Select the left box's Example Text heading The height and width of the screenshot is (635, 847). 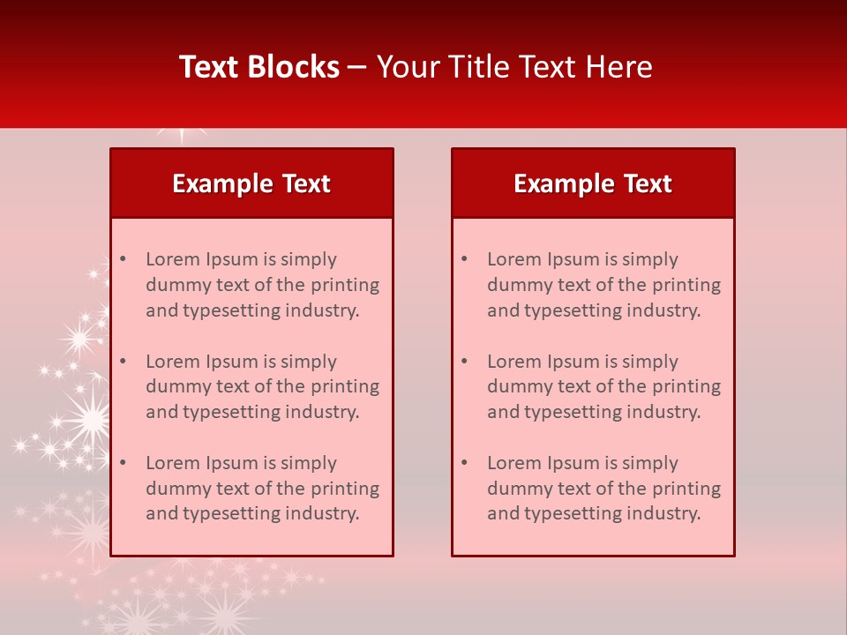tap(251, 183)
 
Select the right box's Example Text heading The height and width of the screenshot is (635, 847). tap(593, 183)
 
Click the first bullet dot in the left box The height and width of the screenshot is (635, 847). tap(123, 259)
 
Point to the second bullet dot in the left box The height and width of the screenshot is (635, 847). tap(123, 362)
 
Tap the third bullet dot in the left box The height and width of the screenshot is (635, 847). tap(123, 463)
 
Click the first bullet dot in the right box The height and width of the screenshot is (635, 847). tap(464, 259)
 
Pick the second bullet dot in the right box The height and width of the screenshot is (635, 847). tap(464, 362)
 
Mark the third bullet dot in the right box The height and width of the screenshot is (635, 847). tap(464, 463)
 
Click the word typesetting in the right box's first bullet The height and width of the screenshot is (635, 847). tap(571, 310)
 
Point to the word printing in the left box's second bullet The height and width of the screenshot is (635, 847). tap(345, 386)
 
